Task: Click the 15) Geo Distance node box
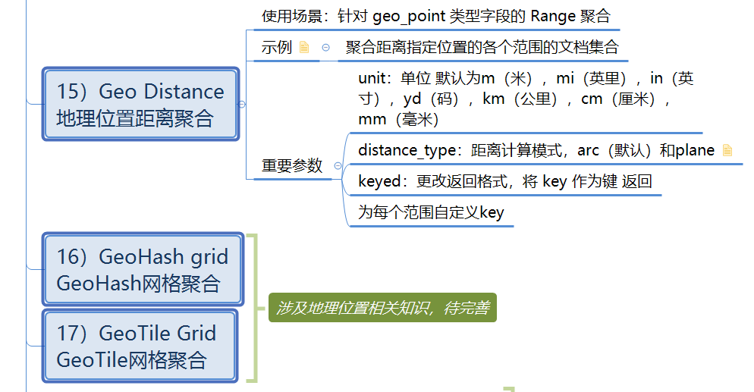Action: (141, 104)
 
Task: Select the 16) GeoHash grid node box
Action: (143, 269)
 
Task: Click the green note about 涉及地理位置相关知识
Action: (382, 308)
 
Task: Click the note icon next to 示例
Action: (304, 47)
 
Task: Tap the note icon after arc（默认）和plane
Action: (727, 150)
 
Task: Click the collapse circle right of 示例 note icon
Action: (326, 47)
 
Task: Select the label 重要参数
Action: (292, 166)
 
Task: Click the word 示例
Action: (277, 47)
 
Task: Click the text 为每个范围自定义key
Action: (430, 212)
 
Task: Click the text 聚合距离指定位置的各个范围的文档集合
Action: (482, 47)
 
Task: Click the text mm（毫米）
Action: (397, 119)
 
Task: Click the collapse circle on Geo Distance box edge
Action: (241, 104)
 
